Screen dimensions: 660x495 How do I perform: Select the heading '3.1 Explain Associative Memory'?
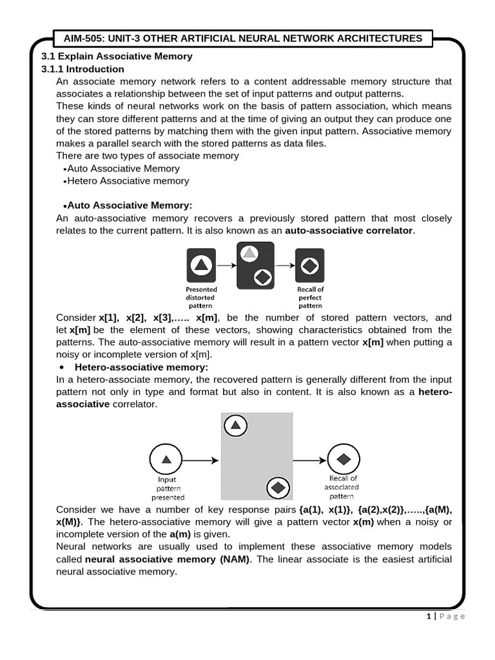tap(117, 56)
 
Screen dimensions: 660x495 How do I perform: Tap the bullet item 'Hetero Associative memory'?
tap(128, 180)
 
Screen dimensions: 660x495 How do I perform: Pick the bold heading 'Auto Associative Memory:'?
tap(130, 205)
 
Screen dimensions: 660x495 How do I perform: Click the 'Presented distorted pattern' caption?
tap(201, 298)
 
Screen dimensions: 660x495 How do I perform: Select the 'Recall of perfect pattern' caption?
tap(310, 298)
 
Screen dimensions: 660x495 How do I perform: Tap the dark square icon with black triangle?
tap(201, 265)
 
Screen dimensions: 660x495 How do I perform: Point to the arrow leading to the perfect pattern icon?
tap(284, 265)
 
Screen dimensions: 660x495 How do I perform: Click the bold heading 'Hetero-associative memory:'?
tap(142, 367)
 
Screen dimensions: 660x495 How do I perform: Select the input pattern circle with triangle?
tap(167, 460)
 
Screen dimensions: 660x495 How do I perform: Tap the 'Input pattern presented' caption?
tap(168, 488)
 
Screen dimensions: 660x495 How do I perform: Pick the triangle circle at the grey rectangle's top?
tap(236, 425)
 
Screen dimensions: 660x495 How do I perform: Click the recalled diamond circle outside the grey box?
tap(344, 459)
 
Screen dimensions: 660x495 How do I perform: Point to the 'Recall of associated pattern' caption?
tap(344, 487)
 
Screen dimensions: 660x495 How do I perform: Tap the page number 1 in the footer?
tap(428, 616)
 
